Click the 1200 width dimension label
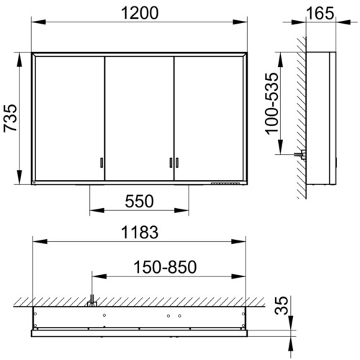tap(140, 13)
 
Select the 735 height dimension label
tap(11, 118)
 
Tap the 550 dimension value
tap(139, 201)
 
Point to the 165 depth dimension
tap(320, 13)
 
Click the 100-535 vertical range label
tap(272, 104)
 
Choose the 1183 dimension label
tap(140, 232)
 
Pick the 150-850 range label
tap(165, 267)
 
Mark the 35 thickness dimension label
tap(281, 305)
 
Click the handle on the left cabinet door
tap(102, 163)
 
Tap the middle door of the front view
tap(139, 118)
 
